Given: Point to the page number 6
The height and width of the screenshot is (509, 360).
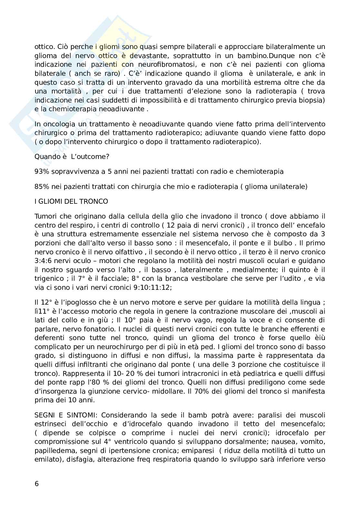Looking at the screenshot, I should click(x=36, y=484).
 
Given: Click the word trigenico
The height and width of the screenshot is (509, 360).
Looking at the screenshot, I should click(x=48, y=279).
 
